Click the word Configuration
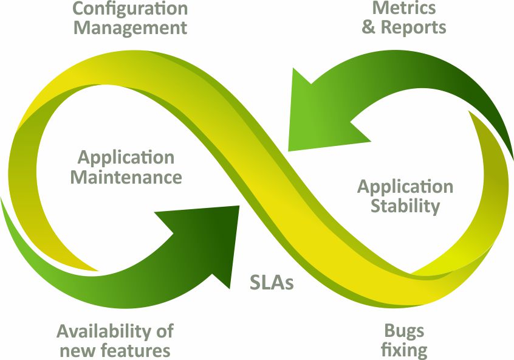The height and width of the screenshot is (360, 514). click(x=131, y=9)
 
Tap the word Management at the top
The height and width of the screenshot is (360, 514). click(x=131, y=28)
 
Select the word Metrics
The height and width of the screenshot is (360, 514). click(x=404, y=8)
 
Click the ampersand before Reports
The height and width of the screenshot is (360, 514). click(x=369, y=27)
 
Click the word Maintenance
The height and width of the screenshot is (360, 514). click(x=126, y=177)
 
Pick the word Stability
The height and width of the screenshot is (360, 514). click(x=405, y=206)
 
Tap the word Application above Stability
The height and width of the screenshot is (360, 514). click(x=405, y=186)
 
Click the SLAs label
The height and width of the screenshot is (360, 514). click(x=272, y=283)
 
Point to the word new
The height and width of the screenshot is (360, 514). click(x=77, y=350)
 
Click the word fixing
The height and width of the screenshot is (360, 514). click(x=404, y=350)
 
